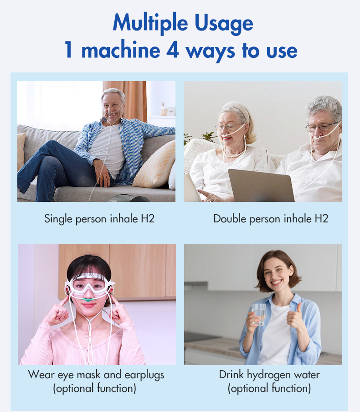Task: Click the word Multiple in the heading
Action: coord(150,24)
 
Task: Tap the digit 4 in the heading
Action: coord(173,50)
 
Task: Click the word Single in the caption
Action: coord(58,219)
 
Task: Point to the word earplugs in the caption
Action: coord(144,375)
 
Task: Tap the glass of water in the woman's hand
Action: coord(258,314)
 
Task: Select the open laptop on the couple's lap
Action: coord(261,185)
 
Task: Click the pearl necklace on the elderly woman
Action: coord(233,154)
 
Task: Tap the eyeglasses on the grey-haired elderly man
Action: coord(322,127)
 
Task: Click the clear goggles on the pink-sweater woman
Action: coord(90,285)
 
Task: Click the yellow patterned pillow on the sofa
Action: coord(155,165)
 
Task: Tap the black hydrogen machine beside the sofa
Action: coord(128,198)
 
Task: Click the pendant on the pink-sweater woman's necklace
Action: coord(87,336)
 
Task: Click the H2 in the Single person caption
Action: coord(148,219)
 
